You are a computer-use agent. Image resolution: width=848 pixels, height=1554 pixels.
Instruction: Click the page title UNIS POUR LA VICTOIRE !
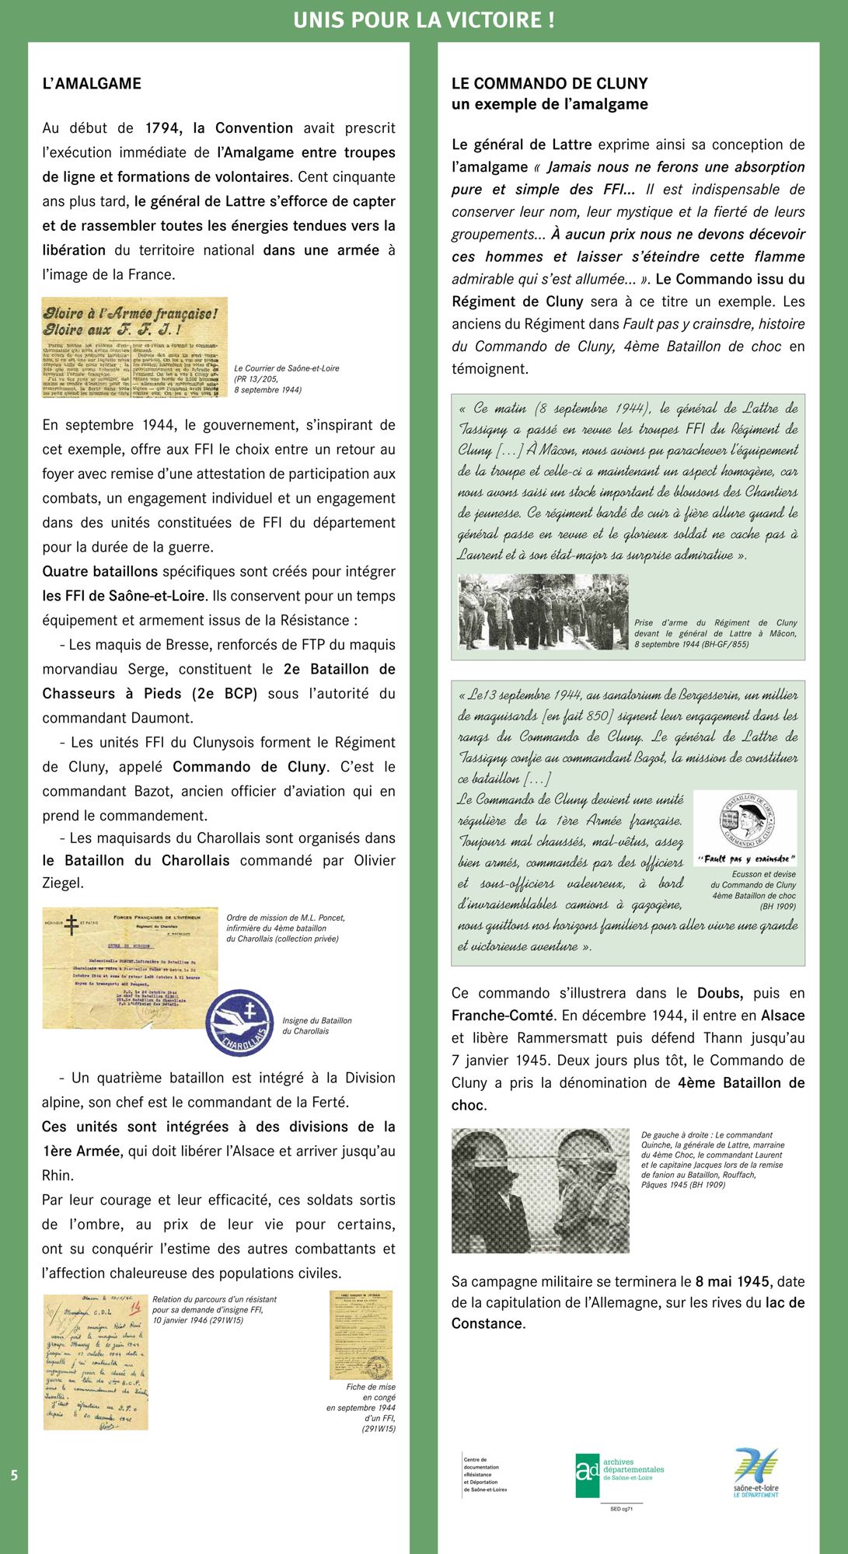pos(424,20)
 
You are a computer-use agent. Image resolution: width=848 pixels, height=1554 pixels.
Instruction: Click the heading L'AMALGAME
pos(92,83)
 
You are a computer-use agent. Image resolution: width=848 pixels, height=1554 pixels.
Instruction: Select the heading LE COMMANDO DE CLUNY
pos(550,83)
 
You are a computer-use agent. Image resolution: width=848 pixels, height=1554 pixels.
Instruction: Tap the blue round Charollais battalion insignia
pos(239,1023)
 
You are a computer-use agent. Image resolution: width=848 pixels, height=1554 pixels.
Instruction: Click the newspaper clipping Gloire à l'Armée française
pos(134,347)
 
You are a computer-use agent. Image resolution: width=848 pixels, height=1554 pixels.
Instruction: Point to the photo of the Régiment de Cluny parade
pos(543,611)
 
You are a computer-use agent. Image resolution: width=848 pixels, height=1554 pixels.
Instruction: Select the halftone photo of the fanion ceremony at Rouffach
pos(540,1190)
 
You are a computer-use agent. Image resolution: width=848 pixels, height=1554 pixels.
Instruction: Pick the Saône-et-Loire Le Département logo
pos(756,1472)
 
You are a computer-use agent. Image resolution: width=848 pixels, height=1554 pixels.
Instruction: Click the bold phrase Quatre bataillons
pos(100,571)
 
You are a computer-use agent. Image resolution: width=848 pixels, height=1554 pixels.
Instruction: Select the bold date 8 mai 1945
pos(732,1281)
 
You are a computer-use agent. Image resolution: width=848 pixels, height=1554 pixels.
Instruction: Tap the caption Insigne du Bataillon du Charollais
pos(316,1026)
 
